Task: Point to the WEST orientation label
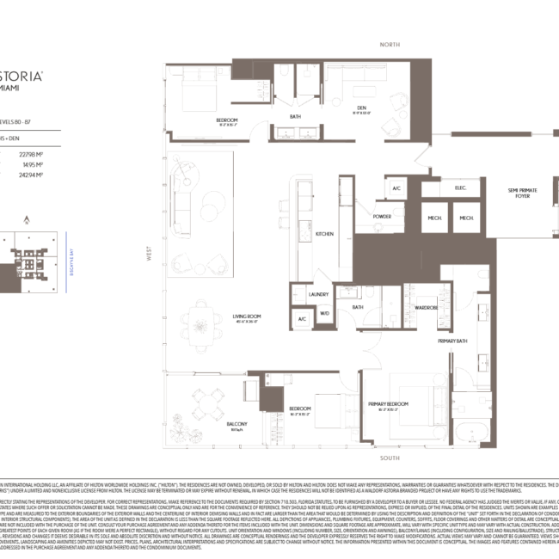[x=149, y=258]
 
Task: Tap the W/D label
[x=325, y=313]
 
